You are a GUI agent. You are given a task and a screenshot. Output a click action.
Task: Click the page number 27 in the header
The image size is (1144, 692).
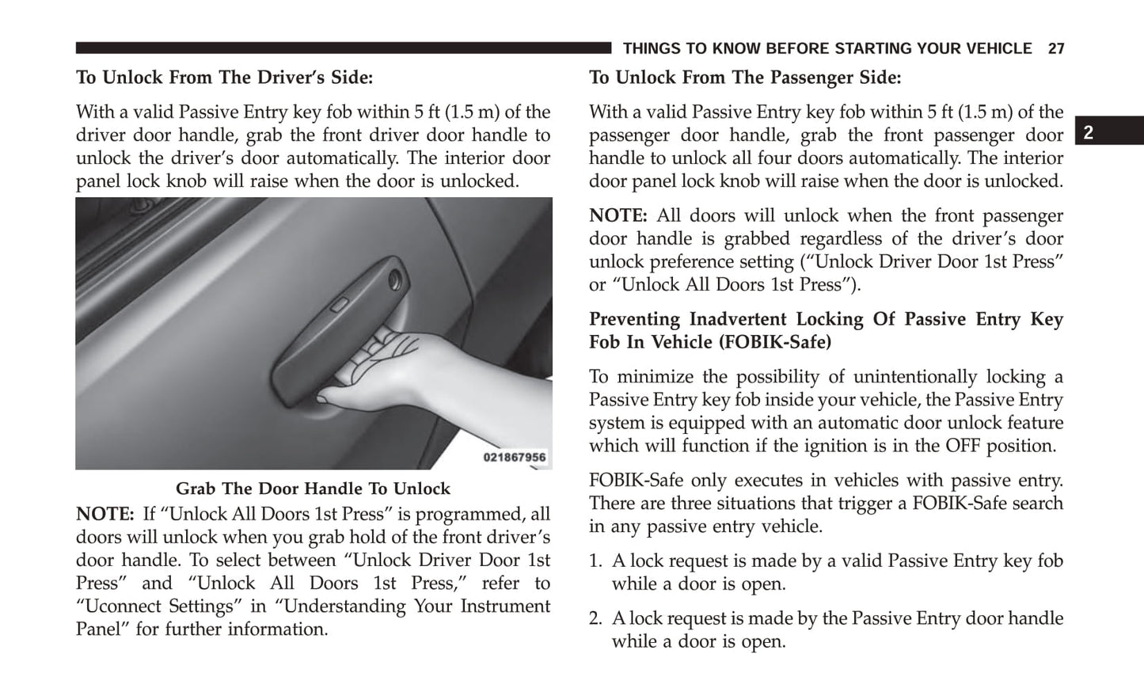1055,49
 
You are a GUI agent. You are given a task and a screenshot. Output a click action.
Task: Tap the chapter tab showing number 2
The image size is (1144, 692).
1089,133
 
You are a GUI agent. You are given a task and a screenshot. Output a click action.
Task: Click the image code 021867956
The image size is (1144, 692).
515,458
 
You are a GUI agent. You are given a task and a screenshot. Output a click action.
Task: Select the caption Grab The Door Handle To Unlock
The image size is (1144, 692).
313,489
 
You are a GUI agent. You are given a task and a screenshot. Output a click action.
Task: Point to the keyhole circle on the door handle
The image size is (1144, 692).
394,278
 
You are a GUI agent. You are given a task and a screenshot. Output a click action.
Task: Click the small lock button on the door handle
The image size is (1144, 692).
340,305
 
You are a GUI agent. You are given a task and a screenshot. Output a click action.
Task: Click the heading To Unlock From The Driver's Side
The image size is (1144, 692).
224,78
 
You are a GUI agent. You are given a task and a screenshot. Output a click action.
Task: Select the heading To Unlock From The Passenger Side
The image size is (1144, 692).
745,78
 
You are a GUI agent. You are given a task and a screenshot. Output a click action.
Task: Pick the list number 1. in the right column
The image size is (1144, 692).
596,561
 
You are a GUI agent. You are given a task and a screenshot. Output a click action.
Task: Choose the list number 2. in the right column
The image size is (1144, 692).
596,619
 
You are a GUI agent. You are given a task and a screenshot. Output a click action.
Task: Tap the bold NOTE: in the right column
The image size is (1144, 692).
618,216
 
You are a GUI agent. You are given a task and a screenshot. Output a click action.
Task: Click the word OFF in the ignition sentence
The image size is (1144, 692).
963,446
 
